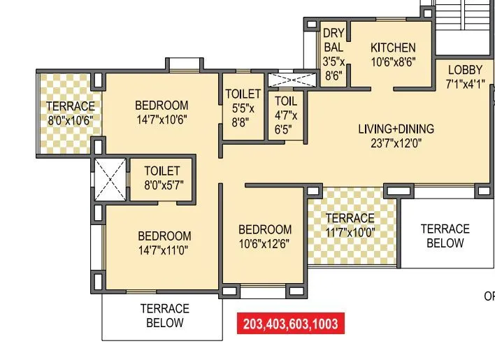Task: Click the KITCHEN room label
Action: pos(393,48)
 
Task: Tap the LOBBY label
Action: pos(465,69)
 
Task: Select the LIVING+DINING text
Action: pos(396,129)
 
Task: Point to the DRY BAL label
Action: pos(333,41)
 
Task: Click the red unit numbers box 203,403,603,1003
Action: pos(290,324)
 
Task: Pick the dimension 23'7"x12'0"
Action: pos(396,144)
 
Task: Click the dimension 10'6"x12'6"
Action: pos(265,244)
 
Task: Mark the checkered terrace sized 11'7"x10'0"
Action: pos(350,226)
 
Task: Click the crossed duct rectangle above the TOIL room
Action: pos(287,79)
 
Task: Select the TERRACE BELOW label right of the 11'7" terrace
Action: pos(445,236)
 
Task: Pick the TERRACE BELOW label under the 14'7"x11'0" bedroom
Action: pos(164,315)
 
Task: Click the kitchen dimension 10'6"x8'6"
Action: pos(393,62)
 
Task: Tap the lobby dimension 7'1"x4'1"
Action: pos(465,83)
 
